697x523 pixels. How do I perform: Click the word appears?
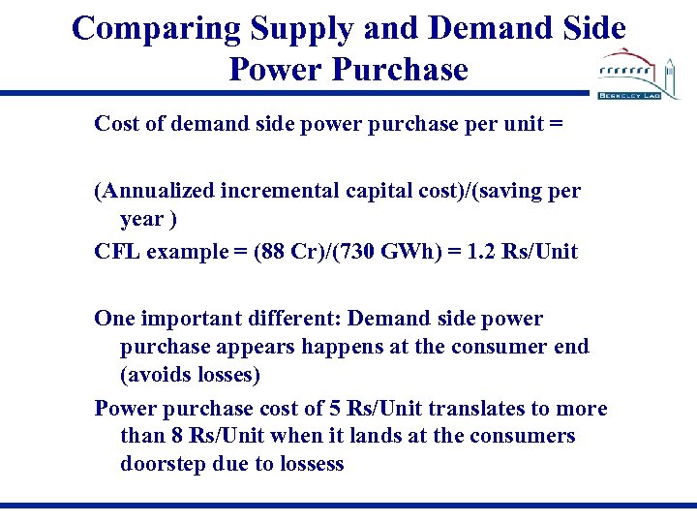pyautogui.click(x=245, y=346)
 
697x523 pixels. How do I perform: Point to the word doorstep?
pyautogui.click(x=161, y=464)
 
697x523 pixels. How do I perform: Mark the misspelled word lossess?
pyautogui.click(x=310, y=464)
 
